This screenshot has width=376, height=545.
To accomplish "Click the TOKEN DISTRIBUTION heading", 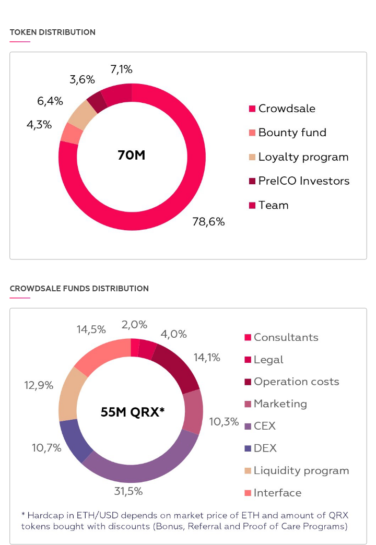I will (52, 32).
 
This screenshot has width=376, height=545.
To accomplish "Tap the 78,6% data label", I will (209, 222).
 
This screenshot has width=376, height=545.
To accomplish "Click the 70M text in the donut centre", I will (131, 155).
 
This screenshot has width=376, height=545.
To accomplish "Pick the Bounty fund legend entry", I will (292, 133).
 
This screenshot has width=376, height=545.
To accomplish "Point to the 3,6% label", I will (82, 79).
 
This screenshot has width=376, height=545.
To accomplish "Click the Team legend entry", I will (273, 205).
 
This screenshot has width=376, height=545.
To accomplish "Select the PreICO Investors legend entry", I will (303, 181).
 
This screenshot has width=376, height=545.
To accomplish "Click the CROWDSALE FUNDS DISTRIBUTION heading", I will (79, 289).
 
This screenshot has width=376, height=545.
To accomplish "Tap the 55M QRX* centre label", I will (132, 412).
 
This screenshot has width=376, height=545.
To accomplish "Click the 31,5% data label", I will (128, 491).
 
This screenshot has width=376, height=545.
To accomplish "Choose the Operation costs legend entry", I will (296, 382).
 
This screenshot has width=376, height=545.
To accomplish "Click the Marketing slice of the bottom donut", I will (194, 411).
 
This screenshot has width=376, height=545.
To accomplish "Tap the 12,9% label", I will (39, 385).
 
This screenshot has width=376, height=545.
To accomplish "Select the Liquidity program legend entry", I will (301, 470).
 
